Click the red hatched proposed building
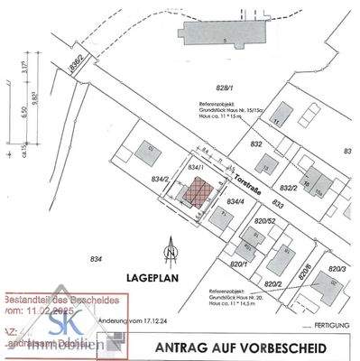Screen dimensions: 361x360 pos(196,190)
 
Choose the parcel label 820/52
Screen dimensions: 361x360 pos(264,222)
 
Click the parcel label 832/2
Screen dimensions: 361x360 pos(289,188)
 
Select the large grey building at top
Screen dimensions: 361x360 pos(224,32)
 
